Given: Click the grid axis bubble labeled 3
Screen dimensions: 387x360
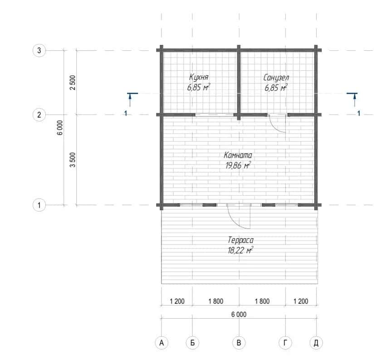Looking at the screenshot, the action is [x=39, y=50].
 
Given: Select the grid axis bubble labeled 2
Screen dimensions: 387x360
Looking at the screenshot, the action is [x=39, y=115].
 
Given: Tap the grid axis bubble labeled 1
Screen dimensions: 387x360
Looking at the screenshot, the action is [x=39, y=205].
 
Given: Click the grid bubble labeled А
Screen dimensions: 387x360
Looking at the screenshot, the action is [x=162, y=343].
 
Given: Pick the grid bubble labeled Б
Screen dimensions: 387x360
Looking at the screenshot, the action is [x=192, y=343].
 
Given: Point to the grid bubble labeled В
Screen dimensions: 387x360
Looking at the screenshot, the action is [x=239, y=343].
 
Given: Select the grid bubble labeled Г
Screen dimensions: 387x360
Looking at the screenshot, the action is [x=285, y=343].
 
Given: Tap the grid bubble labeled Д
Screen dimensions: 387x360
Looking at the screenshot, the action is [x=316, y=343].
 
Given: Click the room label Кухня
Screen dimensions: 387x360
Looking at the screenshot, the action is [x=199, y=77].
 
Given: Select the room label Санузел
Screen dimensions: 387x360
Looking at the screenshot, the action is [x=276, y=78].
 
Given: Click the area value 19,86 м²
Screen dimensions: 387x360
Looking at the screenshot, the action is [x=238, y=165].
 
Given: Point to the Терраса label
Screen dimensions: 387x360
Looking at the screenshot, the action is [x=240, y=240].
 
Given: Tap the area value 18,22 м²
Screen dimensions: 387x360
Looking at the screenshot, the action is [x=240, y=250].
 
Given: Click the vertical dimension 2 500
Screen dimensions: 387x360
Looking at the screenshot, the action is [x=73, y=83].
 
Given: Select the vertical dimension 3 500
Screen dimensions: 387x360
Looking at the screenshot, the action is [x=73, y=160].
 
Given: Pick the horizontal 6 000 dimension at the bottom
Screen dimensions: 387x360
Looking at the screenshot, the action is [x=239, y=314].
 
